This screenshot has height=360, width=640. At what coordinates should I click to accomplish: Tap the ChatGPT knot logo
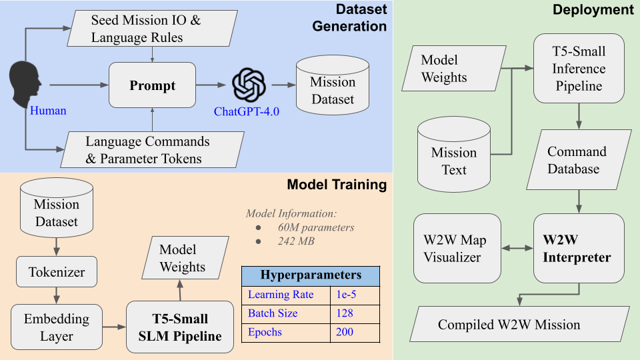pyautogui.click(x=249, y=85)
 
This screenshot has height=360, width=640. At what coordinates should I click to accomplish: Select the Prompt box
pyautogui.click(x=152, y=85)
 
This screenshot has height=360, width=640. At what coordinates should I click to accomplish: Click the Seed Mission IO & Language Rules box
pyautogui.click(x=146, y=29)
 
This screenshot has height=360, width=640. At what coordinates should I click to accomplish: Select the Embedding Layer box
pyautogui.click(x=57, y=327)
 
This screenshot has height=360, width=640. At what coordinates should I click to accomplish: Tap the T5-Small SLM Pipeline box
pyautogui.click(x=180, y=327)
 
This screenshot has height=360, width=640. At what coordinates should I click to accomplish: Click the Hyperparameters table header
pyautogui.click(x=311, y=275)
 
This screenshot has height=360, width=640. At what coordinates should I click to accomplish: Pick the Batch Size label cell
pyautogui.click(x=285, y=313)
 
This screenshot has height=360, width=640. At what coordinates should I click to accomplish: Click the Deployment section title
pyautogui.click(x=594, y=10)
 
